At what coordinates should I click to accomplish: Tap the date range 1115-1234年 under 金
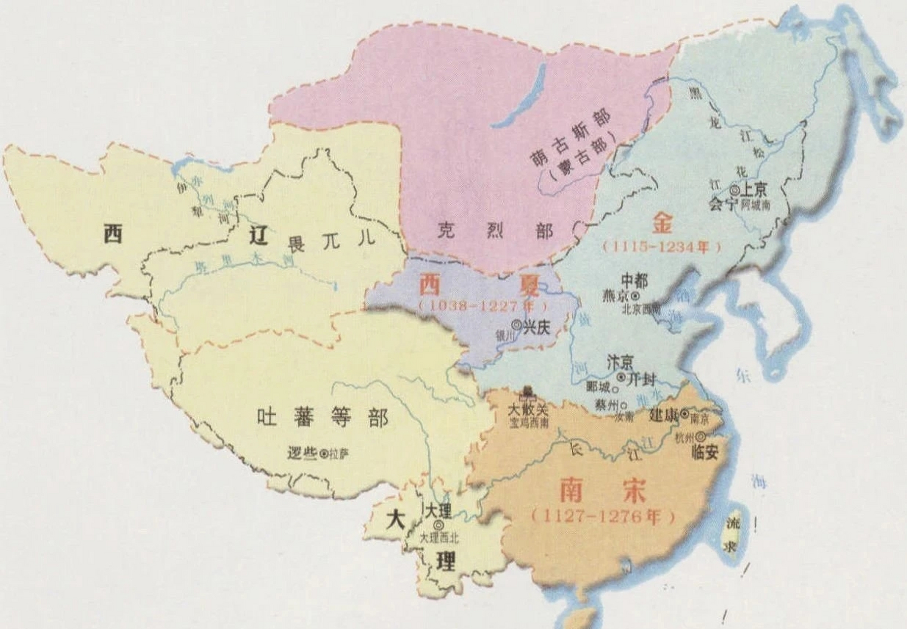click(x=662, y=247)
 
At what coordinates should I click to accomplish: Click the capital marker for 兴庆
click(x=516, y=324)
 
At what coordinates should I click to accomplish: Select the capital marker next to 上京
click(x=734, y=189)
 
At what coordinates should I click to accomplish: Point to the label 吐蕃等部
click(x=322, y=418)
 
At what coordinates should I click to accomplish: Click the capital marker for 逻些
click(x=323, y=455)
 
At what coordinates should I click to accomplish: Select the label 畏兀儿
click(x=331, y=241)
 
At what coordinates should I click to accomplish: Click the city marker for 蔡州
click(x=624, y=406)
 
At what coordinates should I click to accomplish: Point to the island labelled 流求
click(x=732, y=535)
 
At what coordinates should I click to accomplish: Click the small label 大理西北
click(x=439, y=539)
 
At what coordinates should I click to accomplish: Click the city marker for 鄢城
click(x=615, y=388)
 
